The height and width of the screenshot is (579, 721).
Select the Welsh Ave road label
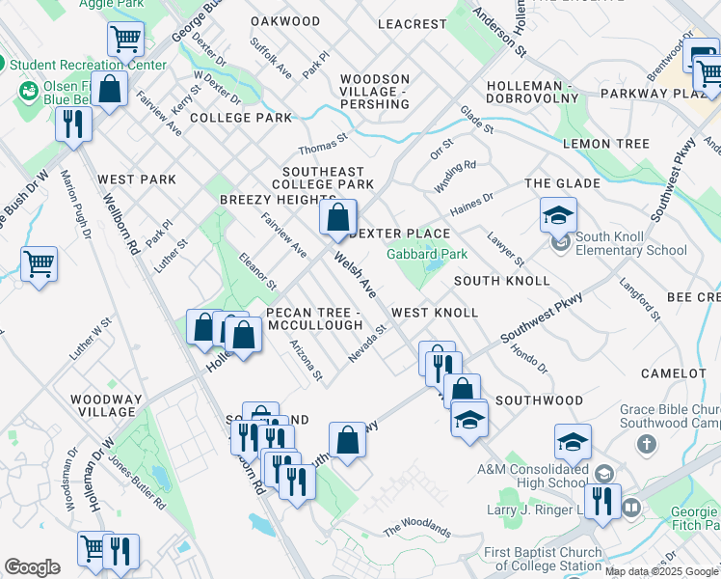tap(354, 275)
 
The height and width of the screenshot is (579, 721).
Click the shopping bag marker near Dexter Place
tap(338, 218)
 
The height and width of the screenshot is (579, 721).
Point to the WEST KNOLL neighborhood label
tap(434, 313)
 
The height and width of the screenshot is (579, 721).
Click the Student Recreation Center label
tap(89, 66)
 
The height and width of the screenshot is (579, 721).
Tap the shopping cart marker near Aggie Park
tap(126, 39)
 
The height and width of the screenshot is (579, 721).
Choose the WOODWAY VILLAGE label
tap(107, 405)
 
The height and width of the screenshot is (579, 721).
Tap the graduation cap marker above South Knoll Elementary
tap(558, 215)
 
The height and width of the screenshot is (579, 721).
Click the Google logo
tap(32, 566)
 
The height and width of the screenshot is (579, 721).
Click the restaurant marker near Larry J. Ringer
tap(602, 500)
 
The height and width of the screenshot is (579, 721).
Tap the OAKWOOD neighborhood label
tap(285, 21)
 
